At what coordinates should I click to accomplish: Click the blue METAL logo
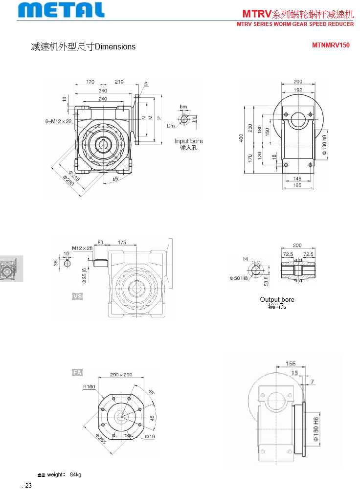coord(62,10)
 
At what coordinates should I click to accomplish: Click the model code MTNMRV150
coord(331,45)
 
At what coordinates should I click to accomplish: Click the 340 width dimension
coord(103,90)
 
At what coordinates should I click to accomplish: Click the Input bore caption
coord(188,141)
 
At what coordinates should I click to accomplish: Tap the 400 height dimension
coord(241,139)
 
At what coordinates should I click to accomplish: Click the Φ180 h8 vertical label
coord(324,142)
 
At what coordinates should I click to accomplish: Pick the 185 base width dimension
coord(297,185)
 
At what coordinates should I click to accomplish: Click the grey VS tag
coord(77,296)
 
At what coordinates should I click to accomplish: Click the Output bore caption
coord(277,299)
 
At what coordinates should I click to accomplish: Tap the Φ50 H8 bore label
coord(239,278)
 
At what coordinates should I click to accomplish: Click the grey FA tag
coord(77,373)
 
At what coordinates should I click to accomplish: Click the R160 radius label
coord(89,386)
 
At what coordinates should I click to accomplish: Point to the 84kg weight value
coord(76,474)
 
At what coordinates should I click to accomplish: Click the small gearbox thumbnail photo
coord(11,269)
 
